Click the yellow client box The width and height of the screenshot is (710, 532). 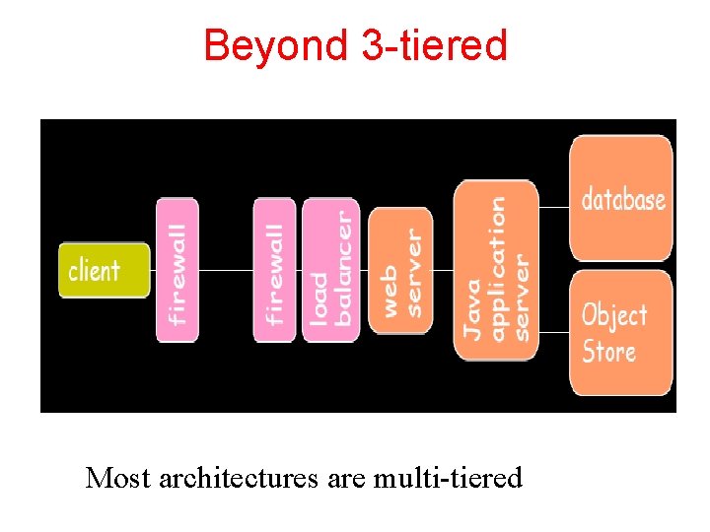(104, 270)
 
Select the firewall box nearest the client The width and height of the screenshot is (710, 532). (177, 270)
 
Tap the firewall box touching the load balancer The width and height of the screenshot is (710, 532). (274, 270)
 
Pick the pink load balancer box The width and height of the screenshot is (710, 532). (330, 270)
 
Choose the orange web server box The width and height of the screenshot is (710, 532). (400, 270)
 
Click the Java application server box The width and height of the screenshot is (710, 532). (496, 270)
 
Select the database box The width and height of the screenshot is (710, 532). (621, 199)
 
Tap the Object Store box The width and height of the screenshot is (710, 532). (621, 333)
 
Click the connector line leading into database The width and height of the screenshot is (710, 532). (554, 208)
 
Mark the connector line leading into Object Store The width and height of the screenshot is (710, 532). (554, 333)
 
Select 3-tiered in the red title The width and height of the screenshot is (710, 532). (434, 45)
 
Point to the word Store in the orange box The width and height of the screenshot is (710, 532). (608, 351)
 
